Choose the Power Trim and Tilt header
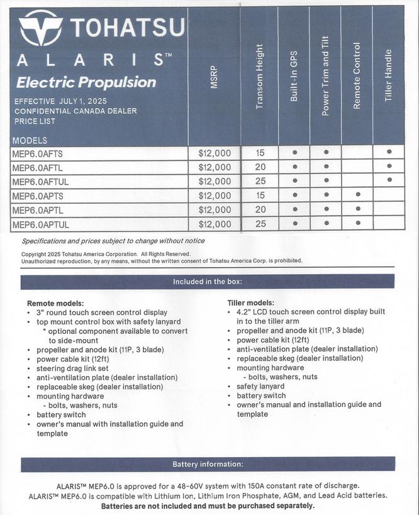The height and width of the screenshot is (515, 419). (326, 79)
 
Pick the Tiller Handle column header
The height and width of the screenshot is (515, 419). (388, 75)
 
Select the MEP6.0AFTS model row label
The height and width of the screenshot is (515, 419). (38, 153)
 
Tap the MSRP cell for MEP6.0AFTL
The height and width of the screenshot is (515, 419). (215, 167)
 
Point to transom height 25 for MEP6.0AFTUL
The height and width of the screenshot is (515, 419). (260, 181)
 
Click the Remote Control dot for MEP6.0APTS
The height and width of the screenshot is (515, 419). (357, 196)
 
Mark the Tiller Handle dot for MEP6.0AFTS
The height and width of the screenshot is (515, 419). (389, 152)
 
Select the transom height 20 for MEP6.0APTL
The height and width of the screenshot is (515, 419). (260, 210)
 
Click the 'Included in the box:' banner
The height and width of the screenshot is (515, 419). (208, 282)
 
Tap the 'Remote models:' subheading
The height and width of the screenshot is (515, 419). (55, 303)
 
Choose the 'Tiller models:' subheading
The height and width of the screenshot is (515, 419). (250, 303)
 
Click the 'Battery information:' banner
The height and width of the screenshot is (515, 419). (208, 464)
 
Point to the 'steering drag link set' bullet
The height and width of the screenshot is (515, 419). (72, 368)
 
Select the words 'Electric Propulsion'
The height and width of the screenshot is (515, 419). (86, 82)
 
